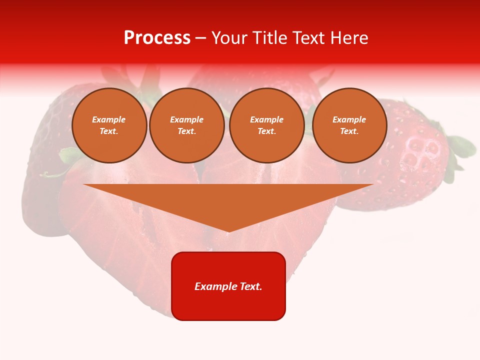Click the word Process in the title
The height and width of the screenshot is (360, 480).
point(157,38)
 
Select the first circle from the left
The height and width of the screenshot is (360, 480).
point(109,125)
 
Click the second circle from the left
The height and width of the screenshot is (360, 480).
point(186,125)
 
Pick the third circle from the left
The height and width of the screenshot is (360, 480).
point(266,125)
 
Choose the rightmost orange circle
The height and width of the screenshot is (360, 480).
point(349,125)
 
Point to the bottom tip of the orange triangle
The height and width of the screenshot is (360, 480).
point(228,231)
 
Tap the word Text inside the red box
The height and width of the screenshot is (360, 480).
point(250,286)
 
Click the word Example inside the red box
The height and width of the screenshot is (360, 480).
point(214,286)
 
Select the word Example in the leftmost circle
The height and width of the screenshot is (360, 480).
point(109,119)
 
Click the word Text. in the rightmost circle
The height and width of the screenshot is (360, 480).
point(349,131)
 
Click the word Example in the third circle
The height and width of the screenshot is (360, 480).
point(266,119)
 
